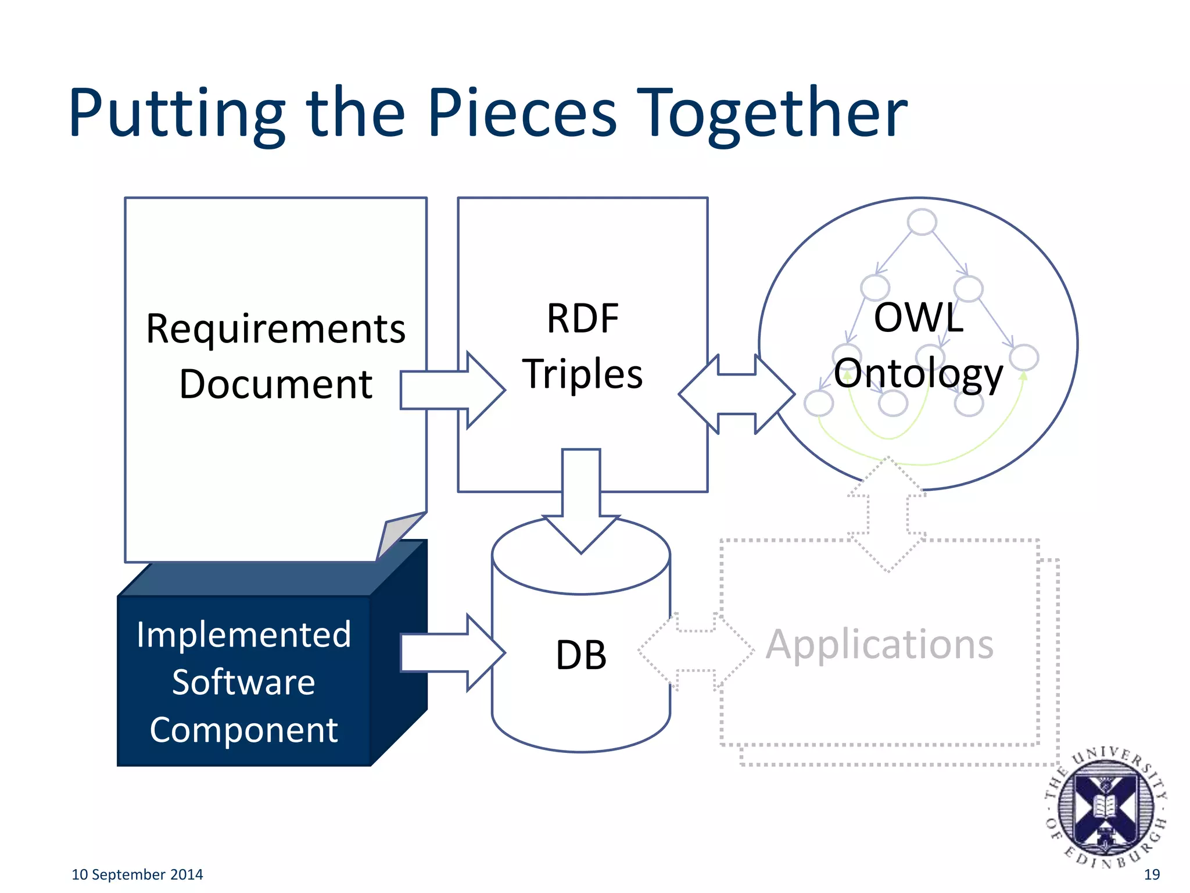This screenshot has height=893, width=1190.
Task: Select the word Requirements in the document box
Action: [x=275, y=329]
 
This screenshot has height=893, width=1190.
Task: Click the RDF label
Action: [x=583, y=319]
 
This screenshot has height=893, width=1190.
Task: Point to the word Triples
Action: [x=583, y=373]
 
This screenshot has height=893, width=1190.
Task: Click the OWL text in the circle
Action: [x=919, y=318]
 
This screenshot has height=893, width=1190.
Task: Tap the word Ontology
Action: [x=919, y=373]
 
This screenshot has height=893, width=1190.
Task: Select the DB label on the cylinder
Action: [x=581, y=655]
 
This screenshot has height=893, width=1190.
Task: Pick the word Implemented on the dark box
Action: [x=244, y=634]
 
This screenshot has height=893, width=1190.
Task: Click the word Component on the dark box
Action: [x=244, y=730]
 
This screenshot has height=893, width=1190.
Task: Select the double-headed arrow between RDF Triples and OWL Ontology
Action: [x=736, y=394]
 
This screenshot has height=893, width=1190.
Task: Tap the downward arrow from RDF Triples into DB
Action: [x=581, y=500]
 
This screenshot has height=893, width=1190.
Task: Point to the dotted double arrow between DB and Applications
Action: [x=696, y=651]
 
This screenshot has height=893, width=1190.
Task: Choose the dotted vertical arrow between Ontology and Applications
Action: [x=887, y=515]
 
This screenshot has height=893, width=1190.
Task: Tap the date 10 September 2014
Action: [x=137, y=874]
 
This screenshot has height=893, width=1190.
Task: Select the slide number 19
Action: [x=1152, y=874]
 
